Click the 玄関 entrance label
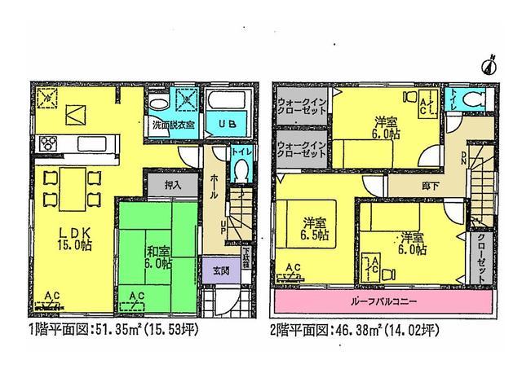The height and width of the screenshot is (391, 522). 221,270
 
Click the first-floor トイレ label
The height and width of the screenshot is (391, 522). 239,152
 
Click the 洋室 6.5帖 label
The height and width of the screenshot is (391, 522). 314,229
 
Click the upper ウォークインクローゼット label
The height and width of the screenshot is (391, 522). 304,108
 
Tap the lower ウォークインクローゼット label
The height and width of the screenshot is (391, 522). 304,150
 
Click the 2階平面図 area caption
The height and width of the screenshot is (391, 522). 356,332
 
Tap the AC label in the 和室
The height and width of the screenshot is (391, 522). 137,296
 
